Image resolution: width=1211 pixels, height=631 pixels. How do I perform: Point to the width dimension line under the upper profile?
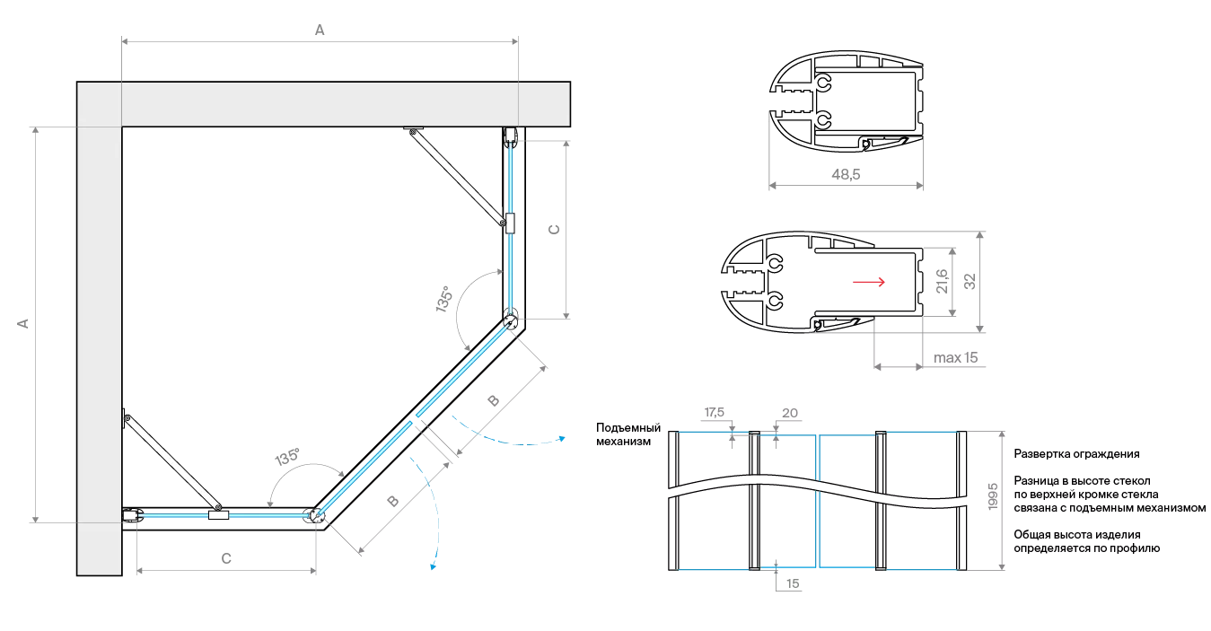pos(848,188)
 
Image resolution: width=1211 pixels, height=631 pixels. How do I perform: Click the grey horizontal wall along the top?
pos(323,104)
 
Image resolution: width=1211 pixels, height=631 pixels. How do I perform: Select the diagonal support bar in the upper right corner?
pos(456,177)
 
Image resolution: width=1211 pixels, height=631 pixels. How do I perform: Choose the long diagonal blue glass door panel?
pos(413,422)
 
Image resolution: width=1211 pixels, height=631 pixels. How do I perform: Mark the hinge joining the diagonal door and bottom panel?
pos(313,517)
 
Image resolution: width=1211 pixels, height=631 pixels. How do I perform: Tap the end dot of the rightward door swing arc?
pos(560,438)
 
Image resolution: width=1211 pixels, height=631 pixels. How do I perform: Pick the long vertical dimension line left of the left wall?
pos(34,323)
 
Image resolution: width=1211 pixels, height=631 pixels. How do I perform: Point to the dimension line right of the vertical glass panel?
pos(568,229)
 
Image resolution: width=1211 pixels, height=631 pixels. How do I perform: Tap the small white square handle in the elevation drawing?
pos(707,484)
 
